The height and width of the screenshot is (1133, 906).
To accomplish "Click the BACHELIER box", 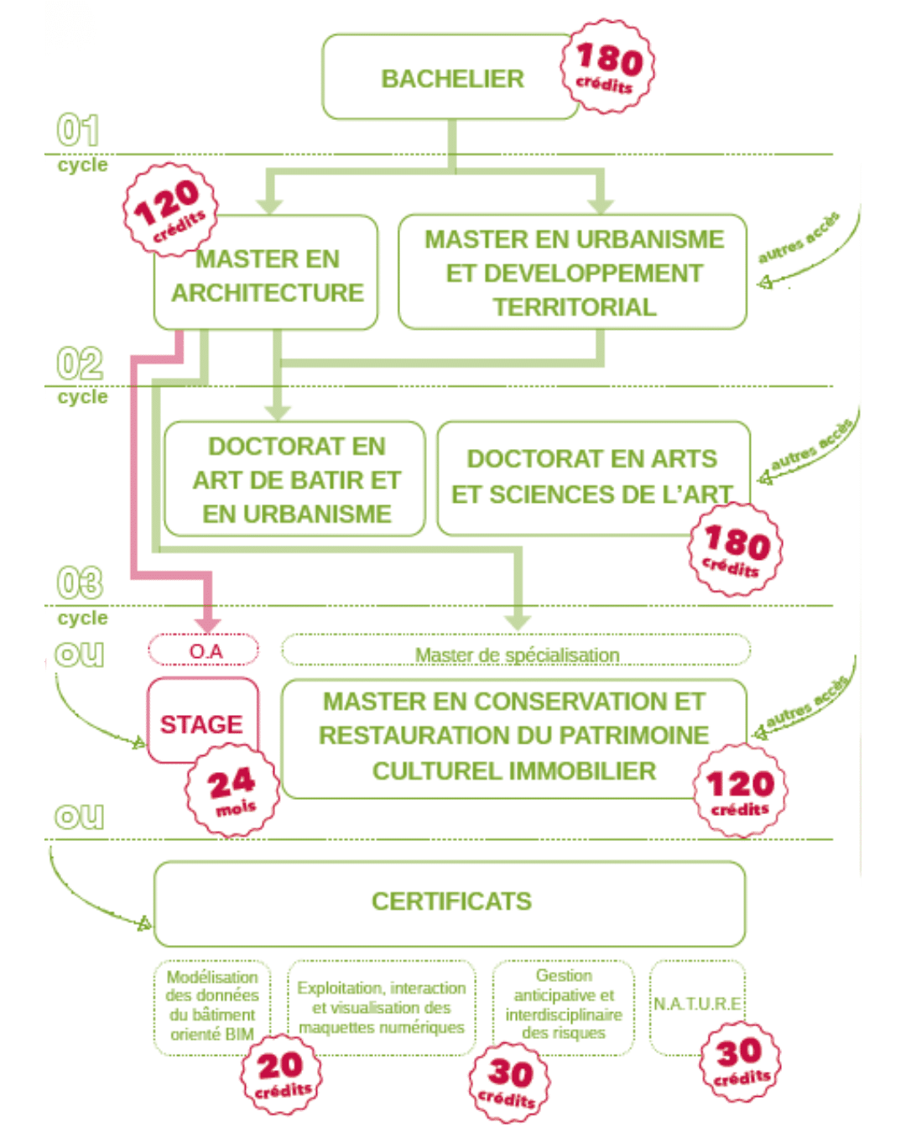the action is click(x=450, y=77).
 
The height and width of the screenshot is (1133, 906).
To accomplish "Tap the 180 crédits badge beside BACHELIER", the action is click(x=607, y=66).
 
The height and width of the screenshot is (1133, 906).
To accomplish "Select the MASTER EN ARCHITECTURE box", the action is click(x=266, y=272).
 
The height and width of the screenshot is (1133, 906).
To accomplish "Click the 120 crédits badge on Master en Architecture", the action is click(x=170, y=210).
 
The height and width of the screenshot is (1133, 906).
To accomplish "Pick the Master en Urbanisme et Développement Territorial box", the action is click(x=572, y=272).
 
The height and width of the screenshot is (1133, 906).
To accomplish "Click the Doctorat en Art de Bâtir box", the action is click(x=294, y=478).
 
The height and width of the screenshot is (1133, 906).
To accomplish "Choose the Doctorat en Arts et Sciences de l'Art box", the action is click(x=593, y=478).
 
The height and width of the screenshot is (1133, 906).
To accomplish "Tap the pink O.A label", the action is click(x=204, y=650).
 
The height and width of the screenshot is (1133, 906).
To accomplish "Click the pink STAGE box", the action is click(x=203, y=720).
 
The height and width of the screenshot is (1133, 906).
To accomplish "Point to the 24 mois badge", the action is click(x=232, y=790).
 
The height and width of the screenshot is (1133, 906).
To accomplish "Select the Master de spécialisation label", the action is click(x=517, y=655).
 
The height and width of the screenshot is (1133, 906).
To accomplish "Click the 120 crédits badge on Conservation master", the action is click(x=740, y=791).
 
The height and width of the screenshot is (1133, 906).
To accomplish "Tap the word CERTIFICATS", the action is click(x=451, y=901).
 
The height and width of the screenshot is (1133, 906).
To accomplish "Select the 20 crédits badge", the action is click(x=281, y=1075).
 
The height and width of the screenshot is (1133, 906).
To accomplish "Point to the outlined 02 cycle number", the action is click(x=80, y=363).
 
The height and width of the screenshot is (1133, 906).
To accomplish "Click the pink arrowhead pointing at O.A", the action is click(x=209, y=625).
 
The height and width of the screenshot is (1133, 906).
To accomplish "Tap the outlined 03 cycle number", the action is click(x=80, y=582).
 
